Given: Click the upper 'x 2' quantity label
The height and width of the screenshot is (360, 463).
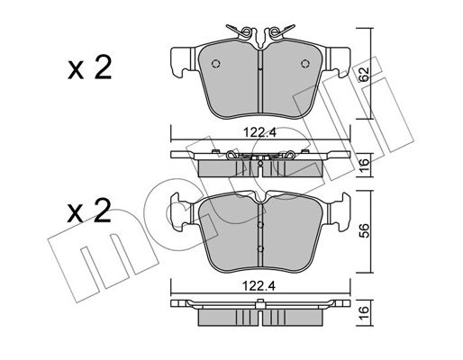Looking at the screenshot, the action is pyautogui.click(x=89, y=67).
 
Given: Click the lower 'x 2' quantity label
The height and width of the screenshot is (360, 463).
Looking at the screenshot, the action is pyautogui.click(x=89, y=211).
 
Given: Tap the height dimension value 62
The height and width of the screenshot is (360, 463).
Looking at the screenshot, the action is pyautogui.click(x=364, y=74).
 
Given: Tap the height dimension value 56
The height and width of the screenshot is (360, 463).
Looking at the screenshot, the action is pyautogui.click(x=364, y=231).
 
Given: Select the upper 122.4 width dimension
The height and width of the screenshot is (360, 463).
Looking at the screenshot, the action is pyautogui.click(x=259, y=132).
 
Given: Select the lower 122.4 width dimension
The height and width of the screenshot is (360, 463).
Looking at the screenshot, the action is pyautogui.click(x=259, y=286).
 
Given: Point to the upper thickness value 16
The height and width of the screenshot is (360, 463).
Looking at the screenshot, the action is pyautogui.click(x=364, y=166).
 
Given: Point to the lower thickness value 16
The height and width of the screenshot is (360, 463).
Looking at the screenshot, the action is pyautogui.click(x=364, y=313).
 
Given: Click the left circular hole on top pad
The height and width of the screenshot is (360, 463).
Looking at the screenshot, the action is pyautogui.click(x=216, y=64).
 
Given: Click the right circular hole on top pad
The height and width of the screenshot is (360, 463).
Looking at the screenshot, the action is pyautogui.click(x=305, y=64).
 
